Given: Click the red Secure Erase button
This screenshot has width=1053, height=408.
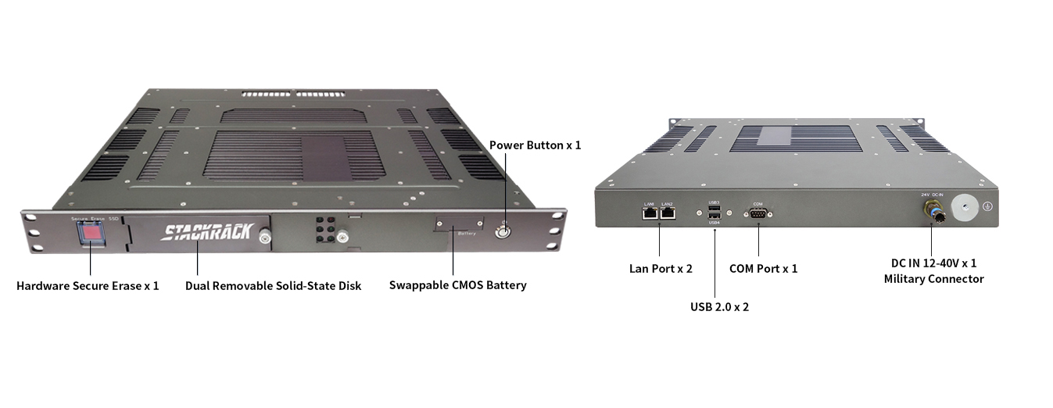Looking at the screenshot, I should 92,233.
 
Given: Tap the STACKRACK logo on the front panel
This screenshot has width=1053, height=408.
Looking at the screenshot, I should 206,232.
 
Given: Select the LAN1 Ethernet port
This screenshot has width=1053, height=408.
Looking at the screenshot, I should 650,213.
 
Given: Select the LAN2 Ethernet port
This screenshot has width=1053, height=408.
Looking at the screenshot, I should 668,213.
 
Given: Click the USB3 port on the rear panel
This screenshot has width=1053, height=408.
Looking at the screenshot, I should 714,209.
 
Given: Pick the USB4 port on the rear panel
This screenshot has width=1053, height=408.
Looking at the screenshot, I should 714,217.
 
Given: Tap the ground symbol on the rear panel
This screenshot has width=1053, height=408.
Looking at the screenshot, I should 987,206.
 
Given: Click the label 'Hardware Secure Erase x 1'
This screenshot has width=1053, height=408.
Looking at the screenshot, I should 88,286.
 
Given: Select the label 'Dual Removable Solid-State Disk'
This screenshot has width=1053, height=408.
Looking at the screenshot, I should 273,286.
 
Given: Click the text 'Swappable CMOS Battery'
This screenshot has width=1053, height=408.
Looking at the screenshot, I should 457,285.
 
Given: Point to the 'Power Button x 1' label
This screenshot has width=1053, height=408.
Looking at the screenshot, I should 535,145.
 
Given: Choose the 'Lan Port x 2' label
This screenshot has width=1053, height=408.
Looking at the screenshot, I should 661,269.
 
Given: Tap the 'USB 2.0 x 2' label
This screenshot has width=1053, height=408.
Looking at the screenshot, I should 719,307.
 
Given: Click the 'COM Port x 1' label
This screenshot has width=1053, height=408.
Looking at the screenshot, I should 763,269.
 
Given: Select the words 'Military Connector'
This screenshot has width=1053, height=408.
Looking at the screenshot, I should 933,279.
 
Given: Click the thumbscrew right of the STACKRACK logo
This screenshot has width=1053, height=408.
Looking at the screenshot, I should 265,235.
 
